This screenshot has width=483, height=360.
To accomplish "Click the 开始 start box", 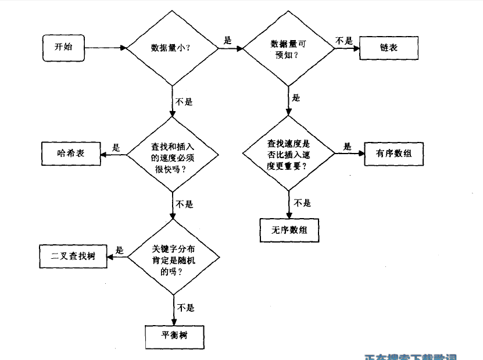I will click(63, 48).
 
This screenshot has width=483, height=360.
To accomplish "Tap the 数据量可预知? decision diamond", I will click(288, 49).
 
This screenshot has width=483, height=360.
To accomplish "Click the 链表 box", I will click(389, 48).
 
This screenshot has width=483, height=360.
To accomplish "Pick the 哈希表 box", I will click(71, 154).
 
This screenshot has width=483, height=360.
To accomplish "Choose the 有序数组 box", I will click(393, 154).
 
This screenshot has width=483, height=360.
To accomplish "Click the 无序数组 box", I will click(289, 230).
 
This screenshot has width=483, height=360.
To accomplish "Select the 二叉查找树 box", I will click(74, 256).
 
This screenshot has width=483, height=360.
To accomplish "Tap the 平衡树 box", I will click(174, 336).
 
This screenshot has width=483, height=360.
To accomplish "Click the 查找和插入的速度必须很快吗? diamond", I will click(173, 155).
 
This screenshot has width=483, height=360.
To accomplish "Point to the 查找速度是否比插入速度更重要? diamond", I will click(288, 154).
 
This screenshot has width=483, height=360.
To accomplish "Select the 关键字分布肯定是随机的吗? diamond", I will click(174, 256).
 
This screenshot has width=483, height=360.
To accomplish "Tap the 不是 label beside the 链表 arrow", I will click(344, 41).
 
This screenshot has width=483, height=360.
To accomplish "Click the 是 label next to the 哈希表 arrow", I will click(116, 148).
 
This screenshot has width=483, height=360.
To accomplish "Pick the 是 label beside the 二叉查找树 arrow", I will click(120, 251).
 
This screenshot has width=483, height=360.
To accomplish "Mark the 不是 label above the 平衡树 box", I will click(185, 308).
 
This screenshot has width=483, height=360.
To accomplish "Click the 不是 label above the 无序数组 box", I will click(302, 203).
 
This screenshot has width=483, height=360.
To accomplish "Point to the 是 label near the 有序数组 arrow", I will click(348, 147).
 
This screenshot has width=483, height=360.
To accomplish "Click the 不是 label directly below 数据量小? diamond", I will click(184, 101).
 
